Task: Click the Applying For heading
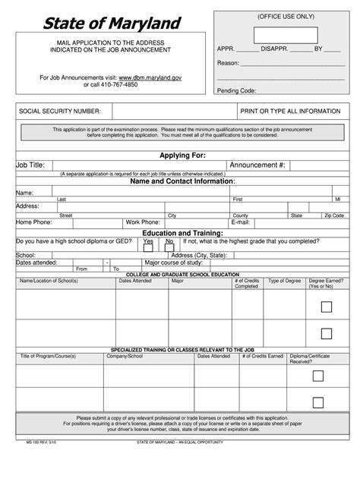(183, 155)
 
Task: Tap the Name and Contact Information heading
(183, 182)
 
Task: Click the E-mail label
(241, 222)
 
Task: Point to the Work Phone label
(142, 222)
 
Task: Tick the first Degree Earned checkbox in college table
(326, 307)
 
